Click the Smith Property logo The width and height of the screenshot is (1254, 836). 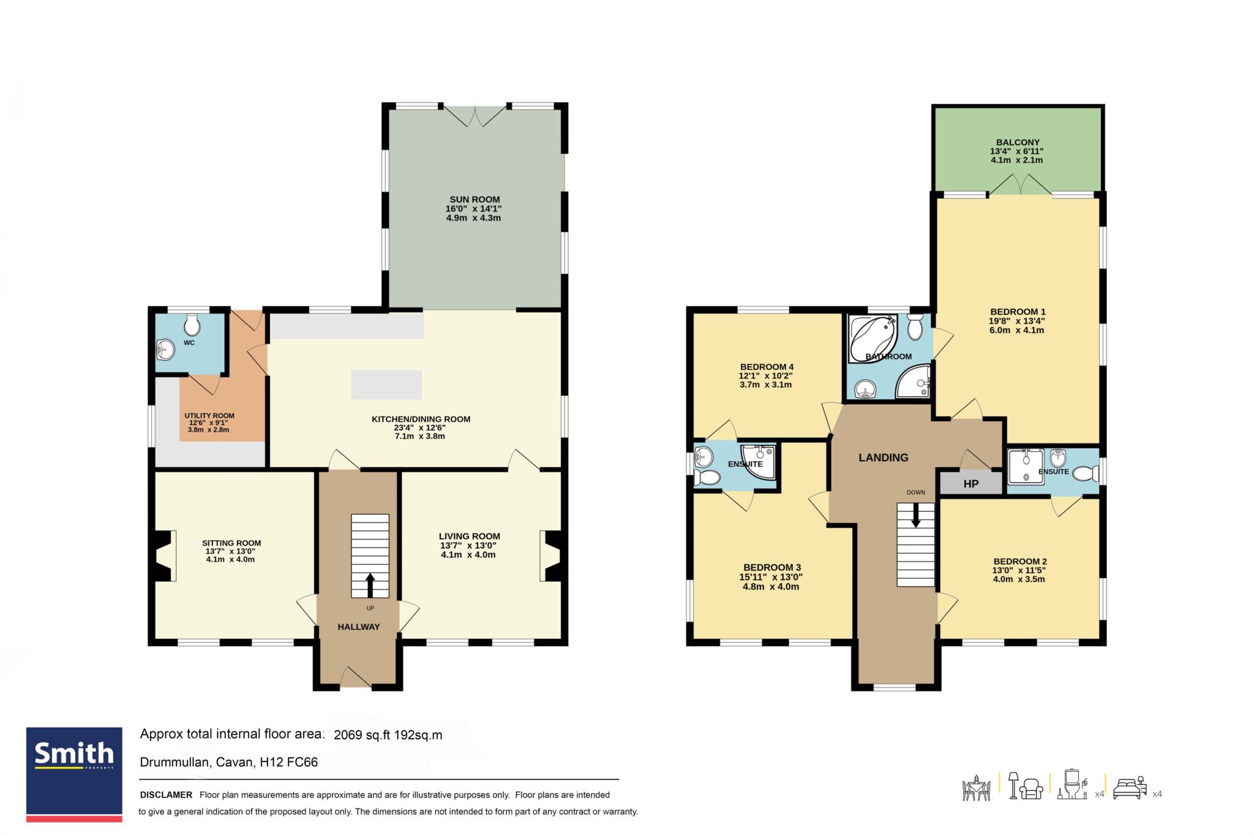pyautogui.click(x=74, y=774)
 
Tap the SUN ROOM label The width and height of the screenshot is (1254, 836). pyautogui.click(x=475, y=199)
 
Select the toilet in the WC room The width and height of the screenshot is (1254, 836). pyautogui.click(x=192, y=325)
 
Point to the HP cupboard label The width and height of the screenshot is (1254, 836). pyautogui.click(x=971, y=484)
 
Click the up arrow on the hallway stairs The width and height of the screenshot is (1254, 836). pyautogui.click(x=370, y=584)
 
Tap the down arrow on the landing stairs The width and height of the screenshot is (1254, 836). pyautogui.click(x=916, y=515)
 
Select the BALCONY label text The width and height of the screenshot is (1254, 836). pyautogui.click(x=1017, y=142)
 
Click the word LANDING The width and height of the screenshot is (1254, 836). pyautogui.click(x=883, y=458)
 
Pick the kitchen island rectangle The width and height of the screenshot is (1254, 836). pyautogui.click(x=386, y=385)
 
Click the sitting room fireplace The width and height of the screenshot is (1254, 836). pyautogui.click(x=164, y=555)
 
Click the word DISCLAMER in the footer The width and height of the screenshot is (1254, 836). pyautogui.click(x=166, y=795)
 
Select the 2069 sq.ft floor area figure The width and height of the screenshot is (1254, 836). pyautogui.click(x=362, y=735)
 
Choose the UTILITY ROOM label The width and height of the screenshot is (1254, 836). pyautogui.click(x=209, y=416)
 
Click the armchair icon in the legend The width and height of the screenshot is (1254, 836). pyautogui.click(x=1032, y=788)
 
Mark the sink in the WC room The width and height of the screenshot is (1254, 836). pyautogui.click(x=165, y=350)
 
